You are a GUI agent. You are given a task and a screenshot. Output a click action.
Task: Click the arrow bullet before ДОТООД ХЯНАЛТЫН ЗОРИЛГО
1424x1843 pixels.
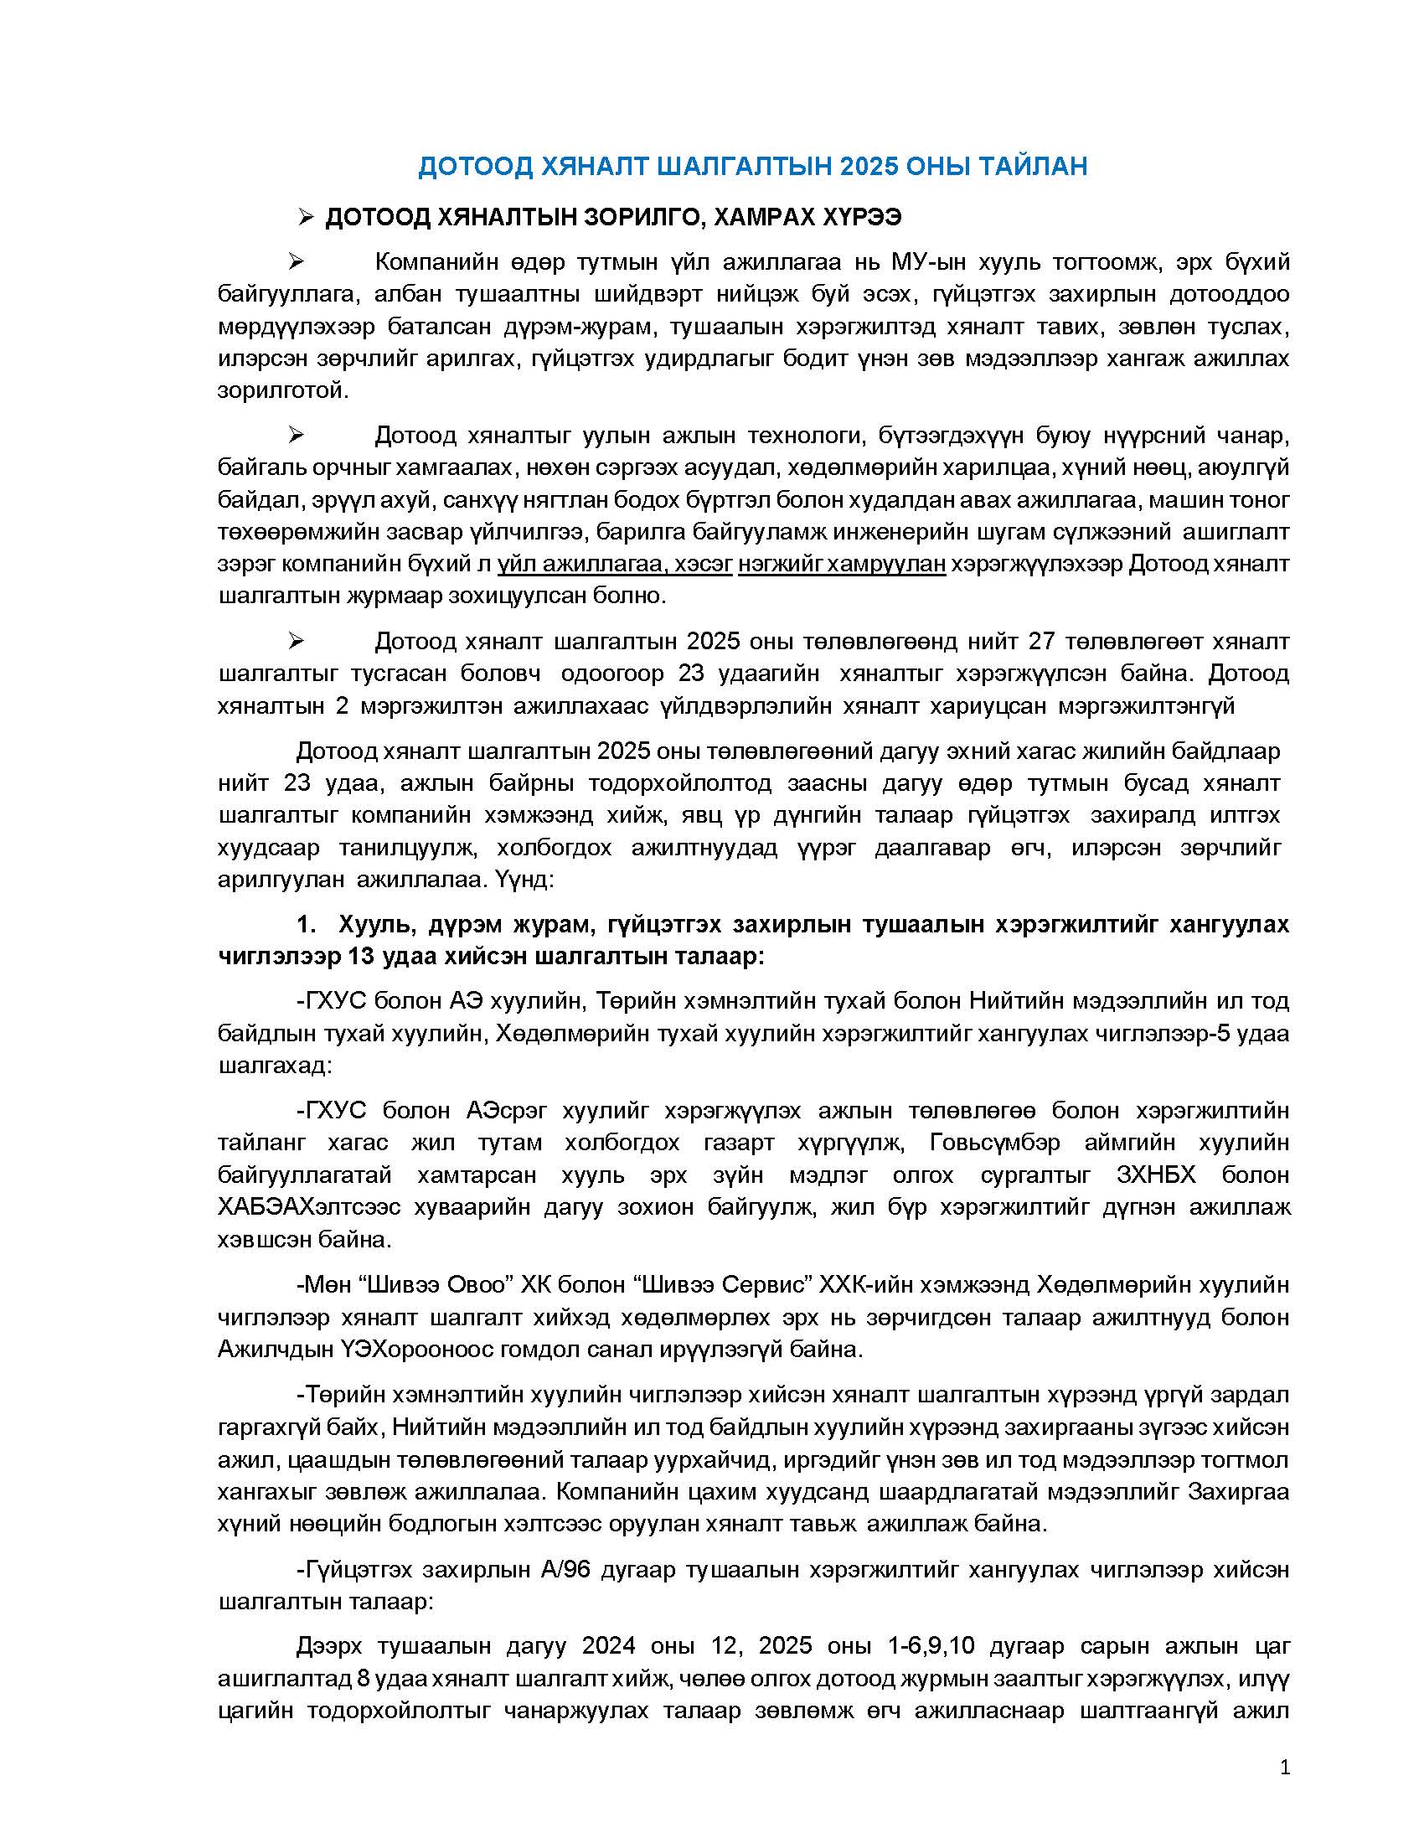[x=306, y=218]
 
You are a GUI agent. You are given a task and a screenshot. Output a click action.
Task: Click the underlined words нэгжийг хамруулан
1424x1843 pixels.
[x=841, y=564]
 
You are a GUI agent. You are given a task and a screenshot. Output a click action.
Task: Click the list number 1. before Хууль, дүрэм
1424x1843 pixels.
[x=307, y=925]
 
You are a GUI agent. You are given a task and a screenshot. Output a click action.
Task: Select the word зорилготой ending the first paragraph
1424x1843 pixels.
[x=281, y=390]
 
